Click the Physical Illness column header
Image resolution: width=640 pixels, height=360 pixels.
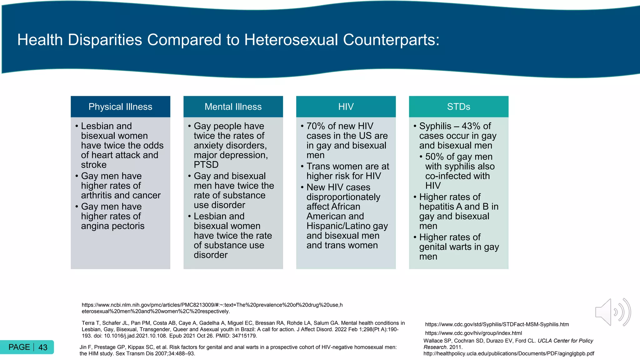120,107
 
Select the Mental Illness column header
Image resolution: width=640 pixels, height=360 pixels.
233,107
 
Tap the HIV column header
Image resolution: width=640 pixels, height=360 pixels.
346,107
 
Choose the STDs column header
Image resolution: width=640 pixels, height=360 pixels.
458,107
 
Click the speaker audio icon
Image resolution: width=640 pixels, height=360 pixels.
612,312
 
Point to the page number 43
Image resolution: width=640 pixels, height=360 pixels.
43,347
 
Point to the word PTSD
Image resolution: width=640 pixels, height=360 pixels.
206,165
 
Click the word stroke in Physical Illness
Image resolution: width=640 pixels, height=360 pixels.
94,165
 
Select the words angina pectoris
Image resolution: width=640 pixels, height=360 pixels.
112,226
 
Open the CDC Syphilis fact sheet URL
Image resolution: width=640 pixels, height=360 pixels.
497,324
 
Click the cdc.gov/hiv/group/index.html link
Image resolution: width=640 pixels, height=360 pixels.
473,333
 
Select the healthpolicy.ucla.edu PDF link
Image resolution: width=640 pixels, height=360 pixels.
509,353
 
